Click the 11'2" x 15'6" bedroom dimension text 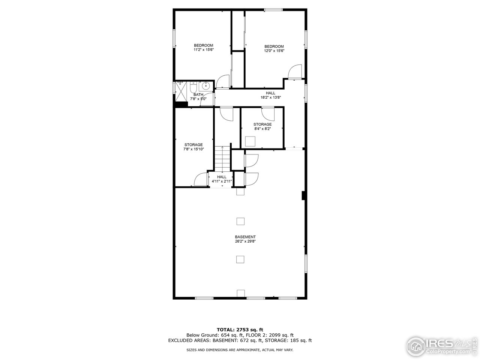[x=203, y=50]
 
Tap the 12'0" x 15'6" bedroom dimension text [x=274, y=51]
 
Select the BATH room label [x=198, y=94]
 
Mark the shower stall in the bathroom [x=182, y=90]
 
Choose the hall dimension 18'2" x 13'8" [x=270, y=97]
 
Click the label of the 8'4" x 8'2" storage [x=262, y=124]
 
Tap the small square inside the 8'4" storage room [x=250, y=141]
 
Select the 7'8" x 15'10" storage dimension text [x=193, y=149]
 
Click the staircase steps [x=222, y=159]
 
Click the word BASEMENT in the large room [x=245, y=237]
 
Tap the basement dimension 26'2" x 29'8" [x=245, y=241]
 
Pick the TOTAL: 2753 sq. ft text [x=240, y=330]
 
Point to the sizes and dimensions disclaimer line [x=240, y=349]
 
